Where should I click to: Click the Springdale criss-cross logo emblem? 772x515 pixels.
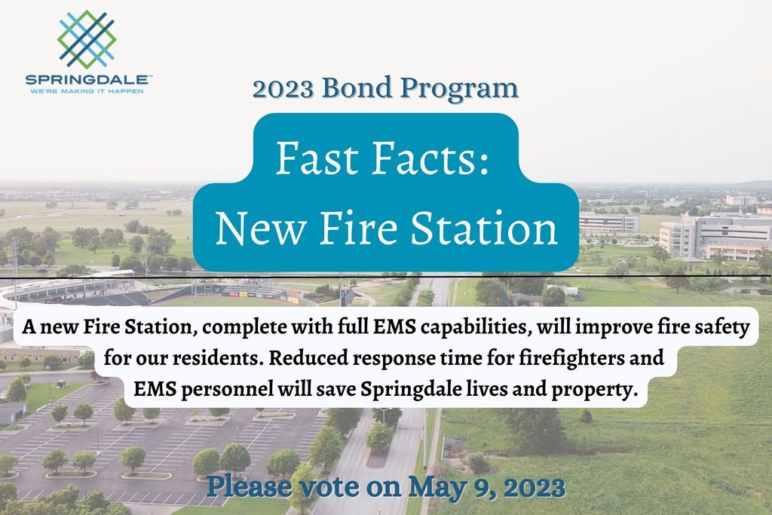87,39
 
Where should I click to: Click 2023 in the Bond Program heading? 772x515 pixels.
283,89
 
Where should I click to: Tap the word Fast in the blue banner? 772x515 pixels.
317,158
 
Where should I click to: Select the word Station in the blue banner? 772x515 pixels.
485,228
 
